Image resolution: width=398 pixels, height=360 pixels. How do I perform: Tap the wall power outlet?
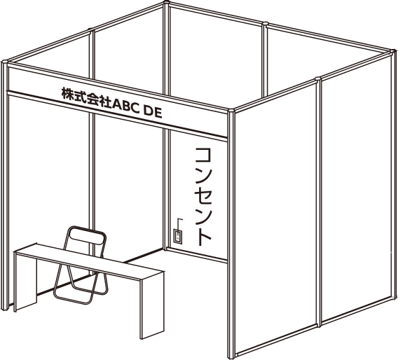pos(178,237)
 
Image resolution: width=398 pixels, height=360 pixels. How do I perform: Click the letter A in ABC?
pos(117,104)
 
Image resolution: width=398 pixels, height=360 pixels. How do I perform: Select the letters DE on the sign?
pos(153,112)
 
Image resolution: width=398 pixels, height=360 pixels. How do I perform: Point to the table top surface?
pos(89,262)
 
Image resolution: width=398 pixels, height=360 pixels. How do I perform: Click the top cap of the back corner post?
pos(166,3)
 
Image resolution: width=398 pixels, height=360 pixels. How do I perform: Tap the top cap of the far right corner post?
pos(392,53)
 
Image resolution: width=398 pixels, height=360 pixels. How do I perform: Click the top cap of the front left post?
pos(5,62)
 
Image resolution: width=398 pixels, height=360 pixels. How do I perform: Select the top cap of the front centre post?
pos(231,111)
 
